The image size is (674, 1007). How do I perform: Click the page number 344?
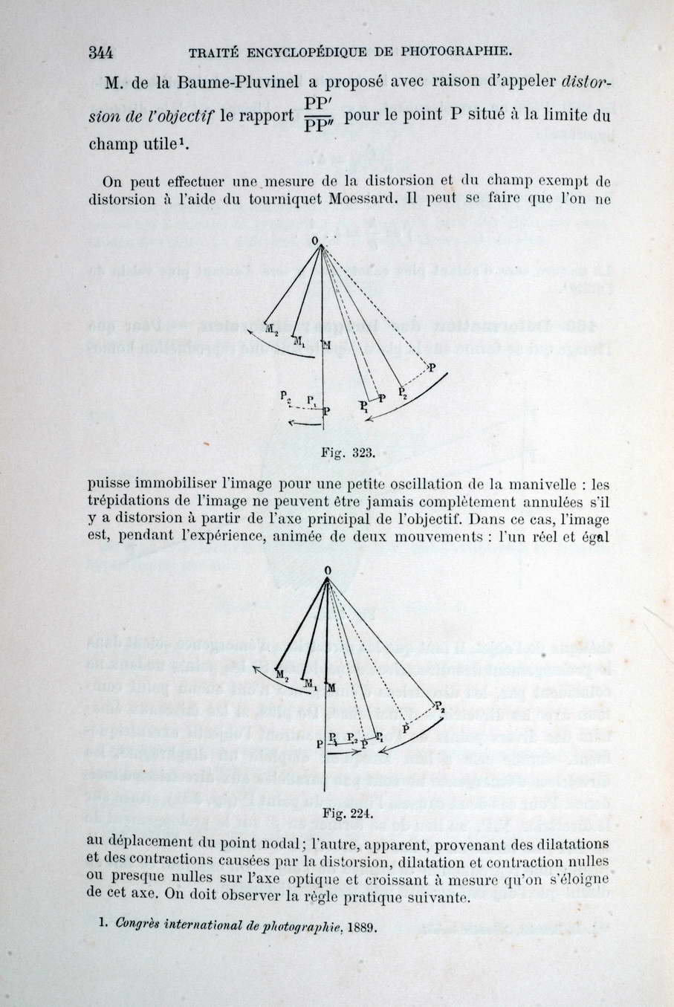pyautogui.click(x=100, y=52)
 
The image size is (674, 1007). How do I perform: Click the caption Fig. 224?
pyautogui.click(x=346, y=814)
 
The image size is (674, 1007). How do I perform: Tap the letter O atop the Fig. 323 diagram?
pyautogui.click(x=315, y=239)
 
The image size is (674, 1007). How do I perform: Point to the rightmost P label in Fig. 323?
pyautogui.click(x=432, y=366)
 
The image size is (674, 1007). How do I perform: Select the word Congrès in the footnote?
pyautogui.click(x=135, y=926)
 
